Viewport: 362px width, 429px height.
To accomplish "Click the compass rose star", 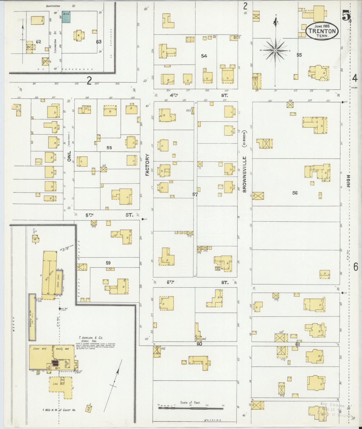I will pyautogui.click(x=275, y=51).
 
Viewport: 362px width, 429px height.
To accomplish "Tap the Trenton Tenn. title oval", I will pyautogui.click(x=322, y=31).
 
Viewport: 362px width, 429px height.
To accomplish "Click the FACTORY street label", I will pyautogui.click(x=147, y=165).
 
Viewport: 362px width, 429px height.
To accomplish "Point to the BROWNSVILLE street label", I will pyautogui.click(x=245, y=174).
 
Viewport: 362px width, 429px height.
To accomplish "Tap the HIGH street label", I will pyautogui.click(x=348, y=181).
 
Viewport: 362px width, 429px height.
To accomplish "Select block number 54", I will pyautogui.click(x=204, y=56).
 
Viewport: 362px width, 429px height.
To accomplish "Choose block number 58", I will pyautogui.click(x=109, y=148).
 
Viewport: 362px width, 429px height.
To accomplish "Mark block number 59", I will pyautogui.click(x=108, y=263).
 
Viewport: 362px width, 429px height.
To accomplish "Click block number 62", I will pyautogui.click(x=38, y=42).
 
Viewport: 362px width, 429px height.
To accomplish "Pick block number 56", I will pyautogui.click(x=295, y=193).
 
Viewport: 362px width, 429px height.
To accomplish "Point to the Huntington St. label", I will pyautogui.click(x=60, y=6).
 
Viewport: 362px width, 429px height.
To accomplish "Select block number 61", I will pyautogui.click(x=297, y=344).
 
